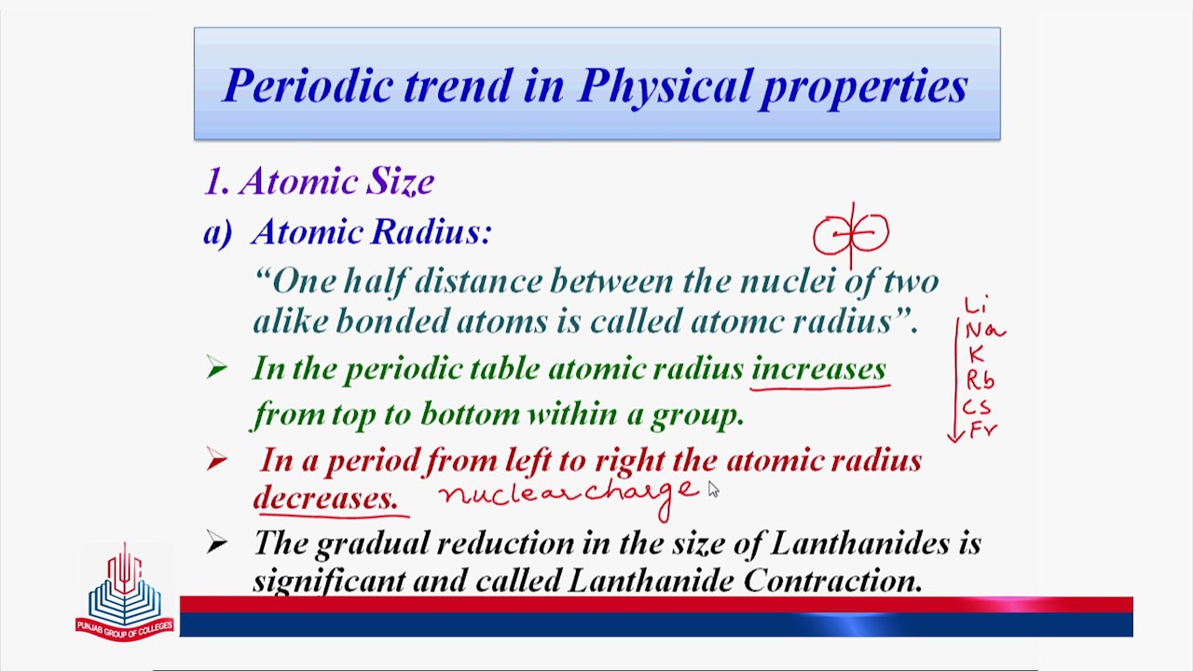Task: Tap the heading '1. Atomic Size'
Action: (320, 182)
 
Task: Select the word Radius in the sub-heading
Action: (432, 232)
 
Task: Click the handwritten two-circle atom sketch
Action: (851, 234)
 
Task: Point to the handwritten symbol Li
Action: (976, 305)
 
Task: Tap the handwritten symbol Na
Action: (985, 331)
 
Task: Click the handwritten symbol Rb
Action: (980, 381)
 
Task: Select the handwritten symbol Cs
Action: (977, 407)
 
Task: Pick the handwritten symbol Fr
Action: (983, 430)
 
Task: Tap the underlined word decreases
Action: (325, 499)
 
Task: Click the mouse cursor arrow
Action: (713, 489)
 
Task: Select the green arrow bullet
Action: (217, 368)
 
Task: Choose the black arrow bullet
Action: (217, 542)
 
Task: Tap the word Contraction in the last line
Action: (832, 581)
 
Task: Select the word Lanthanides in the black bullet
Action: (860, 543)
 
